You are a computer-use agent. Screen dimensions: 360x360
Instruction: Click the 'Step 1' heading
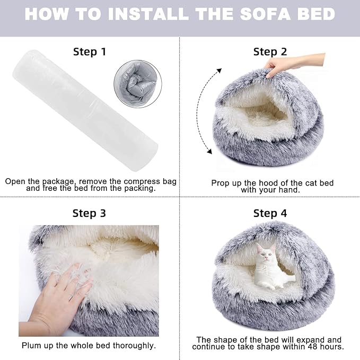tap(89, 51)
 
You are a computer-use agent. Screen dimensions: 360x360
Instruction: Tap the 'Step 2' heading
tap(270, 51)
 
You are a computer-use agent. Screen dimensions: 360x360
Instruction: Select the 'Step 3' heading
tap(89, 213)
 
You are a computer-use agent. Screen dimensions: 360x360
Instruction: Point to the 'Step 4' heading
tap(270, 213)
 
